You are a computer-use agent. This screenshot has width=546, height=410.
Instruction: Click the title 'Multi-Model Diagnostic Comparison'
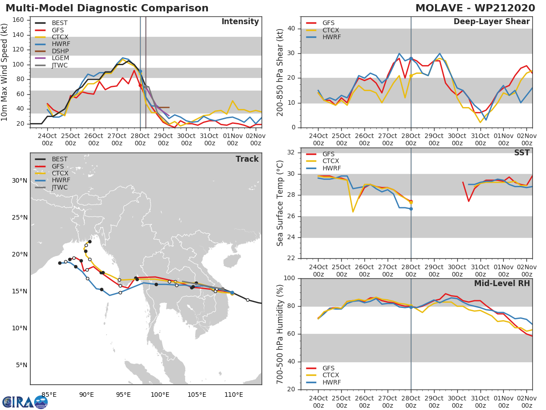(107, 8)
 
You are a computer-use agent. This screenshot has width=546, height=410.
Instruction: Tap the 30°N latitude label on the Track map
(19, 180)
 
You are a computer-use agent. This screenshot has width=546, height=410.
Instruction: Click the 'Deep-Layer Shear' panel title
(491, 22)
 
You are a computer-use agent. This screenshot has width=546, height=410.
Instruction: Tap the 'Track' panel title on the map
(247, 159)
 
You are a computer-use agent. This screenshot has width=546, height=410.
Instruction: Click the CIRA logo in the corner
(25, 402)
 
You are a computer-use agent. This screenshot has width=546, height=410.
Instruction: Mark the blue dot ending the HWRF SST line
(411, 209)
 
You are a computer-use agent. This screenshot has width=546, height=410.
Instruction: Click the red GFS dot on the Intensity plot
(140, 85)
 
